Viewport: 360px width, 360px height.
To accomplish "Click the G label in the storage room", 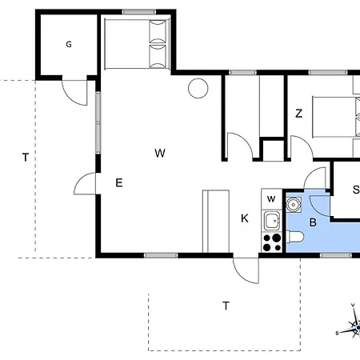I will tap(69, 45).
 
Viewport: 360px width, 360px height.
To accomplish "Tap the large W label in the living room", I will tap(160, 152).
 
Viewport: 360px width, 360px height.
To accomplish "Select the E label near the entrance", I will tap(118, 183).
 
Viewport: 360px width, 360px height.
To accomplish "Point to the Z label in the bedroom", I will tap(298, 114).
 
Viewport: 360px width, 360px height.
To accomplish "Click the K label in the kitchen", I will tap(245, 218).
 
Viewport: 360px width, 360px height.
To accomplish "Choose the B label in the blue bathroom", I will tap(314, 222).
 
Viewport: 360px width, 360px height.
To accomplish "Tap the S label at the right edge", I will tap(355, 190).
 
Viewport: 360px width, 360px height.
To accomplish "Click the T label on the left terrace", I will tap(26, 158).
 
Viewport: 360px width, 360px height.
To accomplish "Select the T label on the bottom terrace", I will tap(226, 305).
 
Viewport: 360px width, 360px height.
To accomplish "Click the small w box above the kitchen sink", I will tap(271, 198).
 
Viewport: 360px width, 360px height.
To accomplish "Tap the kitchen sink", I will tap(272, 220).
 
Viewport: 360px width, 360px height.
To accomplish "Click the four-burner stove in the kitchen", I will tap(272, 241).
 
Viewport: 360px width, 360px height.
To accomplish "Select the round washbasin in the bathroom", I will tap(294, 205).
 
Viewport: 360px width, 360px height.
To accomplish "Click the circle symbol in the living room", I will tap(197, 88).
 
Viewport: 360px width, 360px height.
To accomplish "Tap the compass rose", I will tap(353, 324).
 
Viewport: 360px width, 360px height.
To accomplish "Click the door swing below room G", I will tap(76, 94).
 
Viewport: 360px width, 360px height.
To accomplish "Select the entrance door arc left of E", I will tap(85, 186).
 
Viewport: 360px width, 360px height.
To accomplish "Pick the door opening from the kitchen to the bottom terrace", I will tap(246, 270).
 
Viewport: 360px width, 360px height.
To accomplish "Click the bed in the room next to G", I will tap(137, 44).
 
